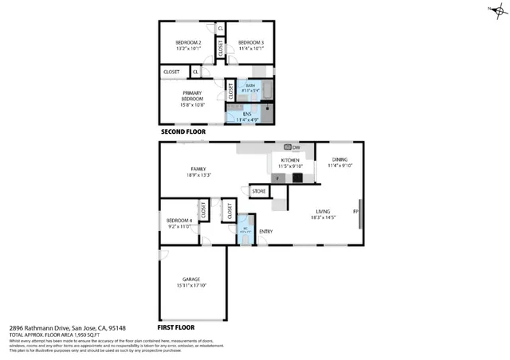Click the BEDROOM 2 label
click(x=187, y=41)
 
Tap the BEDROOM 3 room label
click(x=249, y=41)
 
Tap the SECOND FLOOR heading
click(x=184, y=131)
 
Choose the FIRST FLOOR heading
click(x=178, y=327)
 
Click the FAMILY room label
click(x=198, y=169)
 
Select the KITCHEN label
click(x=290, y=161)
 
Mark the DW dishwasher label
click(x=296, y=147)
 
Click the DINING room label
click(x=339, y=159)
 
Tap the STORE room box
click(x=259, y=191)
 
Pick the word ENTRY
click(x=265, y=232)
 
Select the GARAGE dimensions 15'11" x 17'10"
click(x=191, y=285)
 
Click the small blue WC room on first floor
click(x=245, y=230)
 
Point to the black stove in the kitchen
click(x=297, y=178)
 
